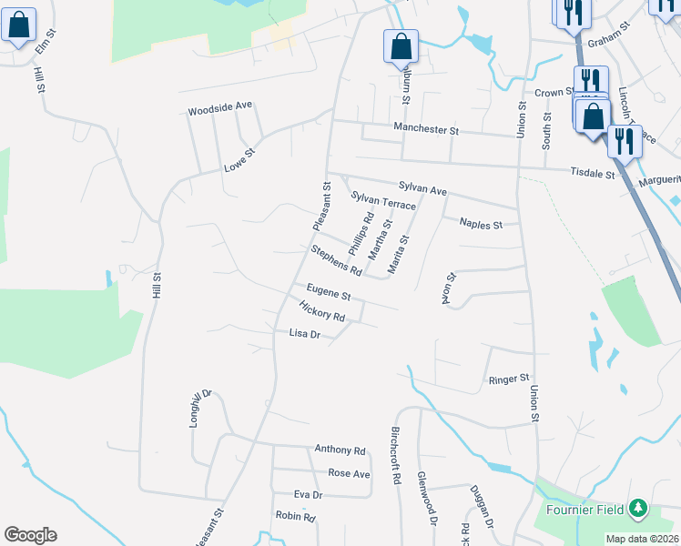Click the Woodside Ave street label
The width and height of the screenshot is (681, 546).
coord(219,107)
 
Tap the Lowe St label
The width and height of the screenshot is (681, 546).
coord(239,160)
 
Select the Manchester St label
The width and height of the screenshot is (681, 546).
coord(425,130)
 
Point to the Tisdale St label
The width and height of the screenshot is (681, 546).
coord(593,172)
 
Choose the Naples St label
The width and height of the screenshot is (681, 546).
coord(481,224)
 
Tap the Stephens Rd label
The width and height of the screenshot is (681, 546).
coord(336,260)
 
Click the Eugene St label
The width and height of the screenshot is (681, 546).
coord(329,292)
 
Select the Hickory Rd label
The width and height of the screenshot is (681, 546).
coord(321,312)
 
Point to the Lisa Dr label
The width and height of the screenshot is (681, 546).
coord(305,334)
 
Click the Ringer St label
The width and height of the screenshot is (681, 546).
coord(509,378)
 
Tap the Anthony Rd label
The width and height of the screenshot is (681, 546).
coord(340,450)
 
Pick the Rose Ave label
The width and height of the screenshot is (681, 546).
coord(349,473)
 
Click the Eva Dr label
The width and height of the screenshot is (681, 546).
coord(309,494)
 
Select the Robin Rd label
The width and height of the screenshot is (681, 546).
coord(295,516)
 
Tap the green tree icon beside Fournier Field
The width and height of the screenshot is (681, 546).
coord(639,507)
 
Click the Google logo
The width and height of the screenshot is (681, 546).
coord(30,534)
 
